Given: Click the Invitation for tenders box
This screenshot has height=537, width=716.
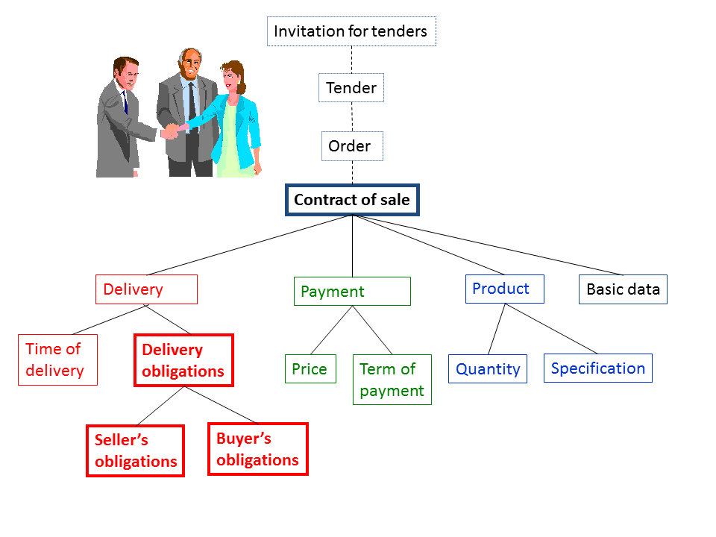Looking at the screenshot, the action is pyautogui.click(x=351, y=31).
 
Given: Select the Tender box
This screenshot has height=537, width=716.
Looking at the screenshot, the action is pyautogui.click(x=351, y=87).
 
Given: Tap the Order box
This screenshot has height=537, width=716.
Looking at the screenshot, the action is pyautogui.click(x=352, y=146).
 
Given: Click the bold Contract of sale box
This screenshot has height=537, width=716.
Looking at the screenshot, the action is pyautogui.click(x=352, y=200).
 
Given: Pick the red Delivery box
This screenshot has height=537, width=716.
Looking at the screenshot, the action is pyautogui.click(x=147, y=289).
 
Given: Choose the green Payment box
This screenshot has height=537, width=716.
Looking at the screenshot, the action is pyautogui.click(x=352, y=292).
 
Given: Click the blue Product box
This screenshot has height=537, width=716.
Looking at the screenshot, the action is pyautogui.click(x=505, y=289).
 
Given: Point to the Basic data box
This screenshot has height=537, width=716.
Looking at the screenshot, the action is pyautogui.click(x=623, y=289).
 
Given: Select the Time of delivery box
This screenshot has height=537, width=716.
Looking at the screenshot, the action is pyautogui.click(x=57, y=359).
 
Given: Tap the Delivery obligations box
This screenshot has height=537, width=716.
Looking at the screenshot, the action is pyautogui.click(x=183, y=360).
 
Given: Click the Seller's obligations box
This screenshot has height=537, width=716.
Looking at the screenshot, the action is pyautogui.click(x=136, y=450).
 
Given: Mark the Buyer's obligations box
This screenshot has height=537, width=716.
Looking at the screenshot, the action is pyautogui.click(x=258, y=449).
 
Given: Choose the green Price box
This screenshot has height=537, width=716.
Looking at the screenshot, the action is pyautogui.click(x=310, y=368).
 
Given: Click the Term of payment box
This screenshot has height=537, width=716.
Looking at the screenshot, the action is pyautogui.click(x=392, y=380).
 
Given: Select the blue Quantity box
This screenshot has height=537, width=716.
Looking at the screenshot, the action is pyautogui.click(x=488, y=368).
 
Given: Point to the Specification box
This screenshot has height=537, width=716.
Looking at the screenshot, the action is pyautogui.click(x=597, y=368).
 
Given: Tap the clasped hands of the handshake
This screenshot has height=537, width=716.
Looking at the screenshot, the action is pyautogui.click(x=171, y=131).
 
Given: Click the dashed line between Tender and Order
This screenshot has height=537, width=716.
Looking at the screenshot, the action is pyautogui.click(x=352, y=117).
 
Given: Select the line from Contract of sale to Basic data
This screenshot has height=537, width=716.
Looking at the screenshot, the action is pyautogui.click(x=488, y=245).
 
